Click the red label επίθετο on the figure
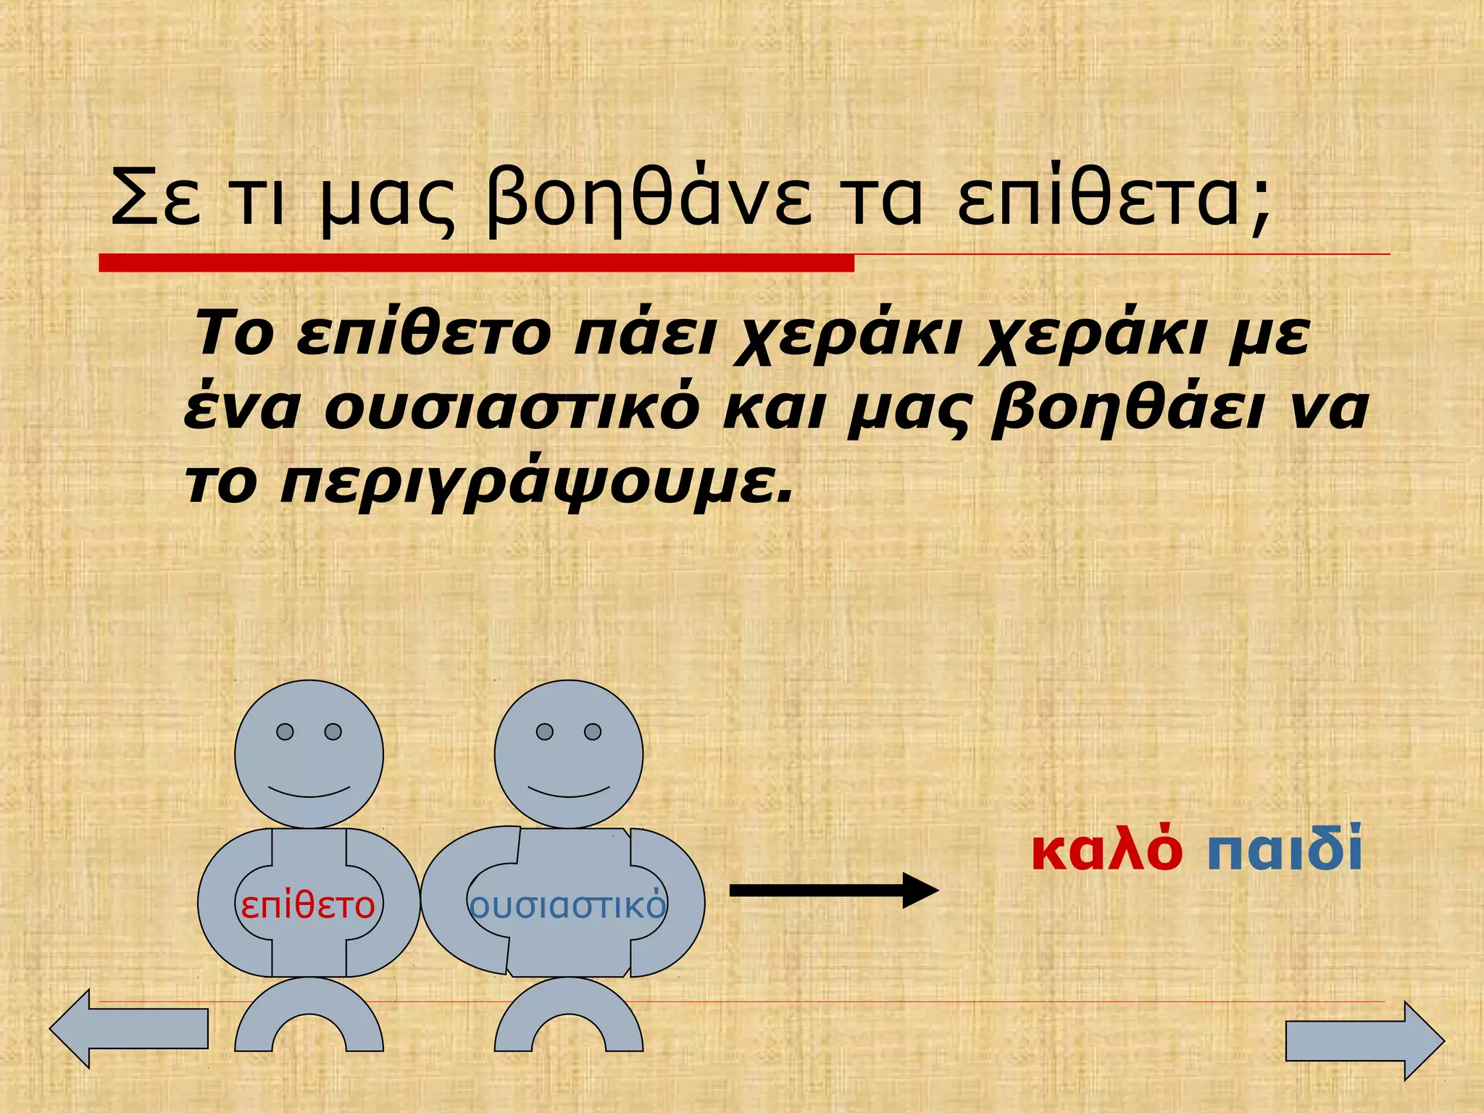click(x=308, y=906)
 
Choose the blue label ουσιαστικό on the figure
click(x=567, y=906)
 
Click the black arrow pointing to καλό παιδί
click(x=833, y=891)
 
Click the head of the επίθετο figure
click(x=309, y=754)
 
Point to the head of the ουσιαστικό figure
click(x=569, y=754)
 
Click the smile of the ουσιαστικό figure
click(x=569, y=791)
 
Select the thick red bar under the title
click(x=476, y=263)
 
